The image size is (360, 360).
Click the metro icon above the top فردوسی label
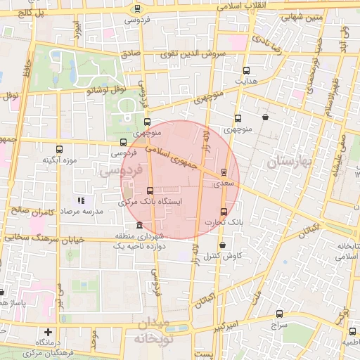point(137,9)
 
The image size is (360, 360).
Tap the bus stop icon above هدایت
point(246,70)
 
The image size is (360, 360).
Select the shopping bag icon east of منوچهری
point(264,117)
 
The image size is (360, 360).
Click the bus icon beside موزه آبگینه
point(59,149)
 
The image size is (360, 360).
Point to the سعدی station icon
point(224,172)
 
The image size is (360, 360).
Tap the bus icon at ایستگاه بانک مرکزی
point(149,191)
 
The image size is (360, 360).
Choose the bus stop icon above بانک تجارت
point(224,212)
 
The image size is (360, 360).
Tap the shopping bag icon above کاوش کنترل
point(223,245)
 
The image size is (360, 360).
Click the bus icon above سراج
point(280,314)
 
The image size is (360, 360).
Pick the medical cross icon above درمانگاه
point(48,331)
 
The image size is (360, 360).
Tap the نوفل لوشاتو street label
point(105,89)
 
